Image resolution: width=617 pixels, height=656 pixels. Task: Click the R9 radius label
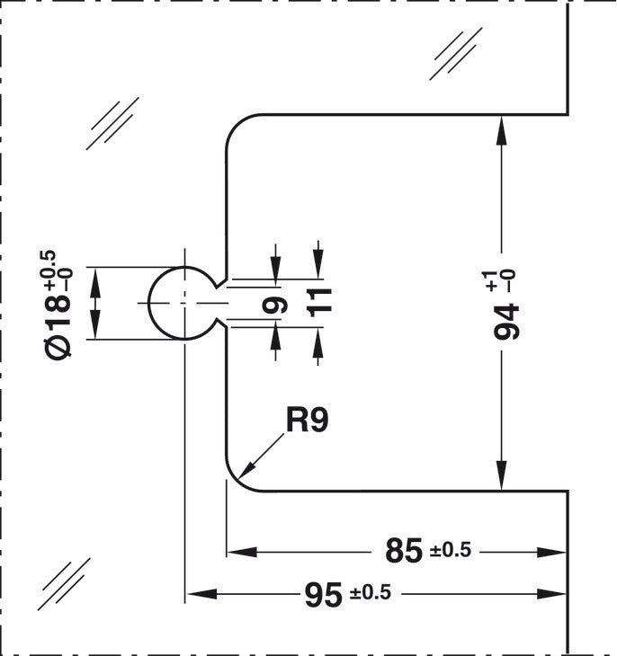pos(307,420)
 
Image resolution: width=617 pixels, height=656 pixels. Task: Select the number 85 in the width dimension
pos(404,551)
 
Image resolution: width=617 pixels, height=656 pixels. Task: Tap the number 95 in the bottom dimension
pos(323,595)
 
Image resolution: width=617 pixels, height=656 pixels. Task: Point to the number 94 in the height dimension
pos(507,322)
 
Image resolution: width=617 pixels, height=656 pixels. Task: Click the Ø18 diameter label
pos(58,326)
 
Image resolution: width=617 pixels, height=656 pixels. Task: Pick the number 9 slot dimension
pos(275,305)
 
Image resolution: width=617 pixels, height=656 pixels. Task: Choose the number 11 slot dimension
pos(319,303)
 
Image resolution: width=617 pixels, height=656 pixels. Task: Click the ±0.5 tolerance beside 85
pos(451,550)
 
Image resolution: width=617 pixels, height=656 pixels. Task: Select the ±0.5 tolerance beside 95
pos(371,592)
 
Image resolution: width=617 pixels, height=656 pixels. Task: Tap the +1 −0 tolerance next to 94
pos(498,280)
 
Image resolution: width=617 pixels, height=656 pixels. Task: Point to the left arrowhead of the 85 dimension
pos(241,553)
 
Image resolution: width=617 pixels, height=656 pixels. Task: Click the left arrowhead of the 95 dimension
pos(202,594)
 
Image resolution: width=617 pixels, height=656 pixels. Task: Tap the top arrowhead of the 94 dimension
pos(501,130)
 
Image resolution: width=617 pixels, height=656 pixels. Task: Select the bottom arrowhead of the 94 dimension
pos(501,475)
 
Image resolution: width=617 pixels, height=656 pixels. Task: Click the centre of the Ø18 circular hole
pos(184,303)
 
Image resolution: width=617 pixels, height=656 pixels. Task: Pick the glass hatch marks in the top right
pos(456,54)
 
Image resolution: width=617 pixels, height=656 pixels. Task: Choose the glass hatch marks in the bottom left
pos(64,583)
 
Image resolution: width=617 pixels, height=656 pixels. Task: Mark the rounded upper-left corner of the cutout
pos(236,124)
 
